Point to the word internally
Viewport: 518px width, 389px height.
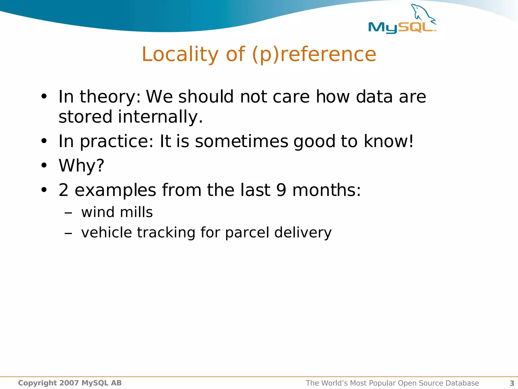pyautogui.click(x=160, y=117)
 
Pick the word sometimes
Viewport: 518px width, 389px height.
pyautogui.click(x=242, y=141)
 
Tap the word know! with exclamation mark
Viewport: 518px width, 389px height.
pyautogui.click(x=388, y=141)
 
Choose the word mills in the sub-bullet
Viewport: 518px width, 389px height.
pyautogui.click(x=136, y=212)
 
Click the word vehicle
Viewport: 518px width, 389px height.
pyautogui.click(x=106, y=232)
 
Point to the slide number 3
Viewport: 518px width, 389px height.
pyautogui.click(x=512, y=383)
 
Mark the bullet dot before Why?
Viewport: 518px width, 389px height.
pyautogui.click(x=44, y=165)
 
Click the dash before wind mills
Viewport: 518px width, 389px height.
pyautogui.click(x=68, y=213)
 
